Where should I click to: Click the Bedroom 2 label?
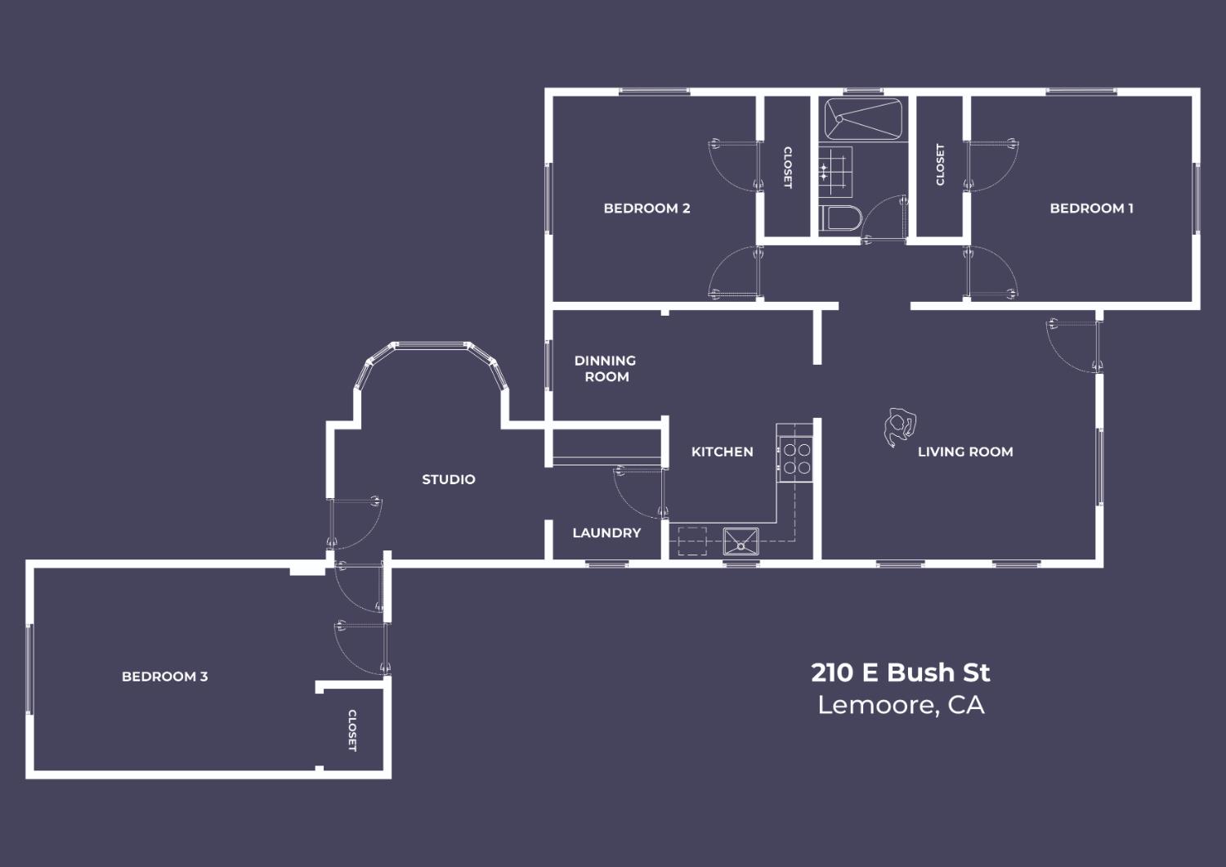coord(647,209)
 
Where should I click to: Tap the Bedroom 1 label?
coord(1091,209)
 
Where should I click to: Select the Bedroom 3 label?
coord(164,676)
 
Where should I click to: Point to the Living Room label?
coord(964,451)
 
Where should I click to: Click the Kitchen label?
coord(722,451)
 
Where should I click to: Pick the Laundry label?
coord(606,532)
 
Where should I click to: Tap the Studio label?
coord(448,479)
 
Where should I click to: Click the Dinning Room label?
coord(606,368)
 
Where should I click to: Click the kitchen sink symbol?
coord(741,541)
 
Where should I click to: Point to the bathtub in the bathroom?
coord(861,119)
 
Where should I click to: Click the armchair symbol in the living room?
coord(899,427)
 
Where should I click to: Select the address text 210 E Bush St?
coord(900,672)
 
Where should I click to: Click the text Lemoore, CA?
coord(900,705)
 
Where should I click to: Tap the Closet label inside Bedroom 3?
coord(352,730)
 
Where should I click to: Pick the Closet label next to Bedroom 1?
coord(940,164)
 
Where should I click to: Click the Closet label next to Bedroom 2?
coord(788,167)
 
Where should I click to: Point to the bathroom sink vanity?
coord(835,171)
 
